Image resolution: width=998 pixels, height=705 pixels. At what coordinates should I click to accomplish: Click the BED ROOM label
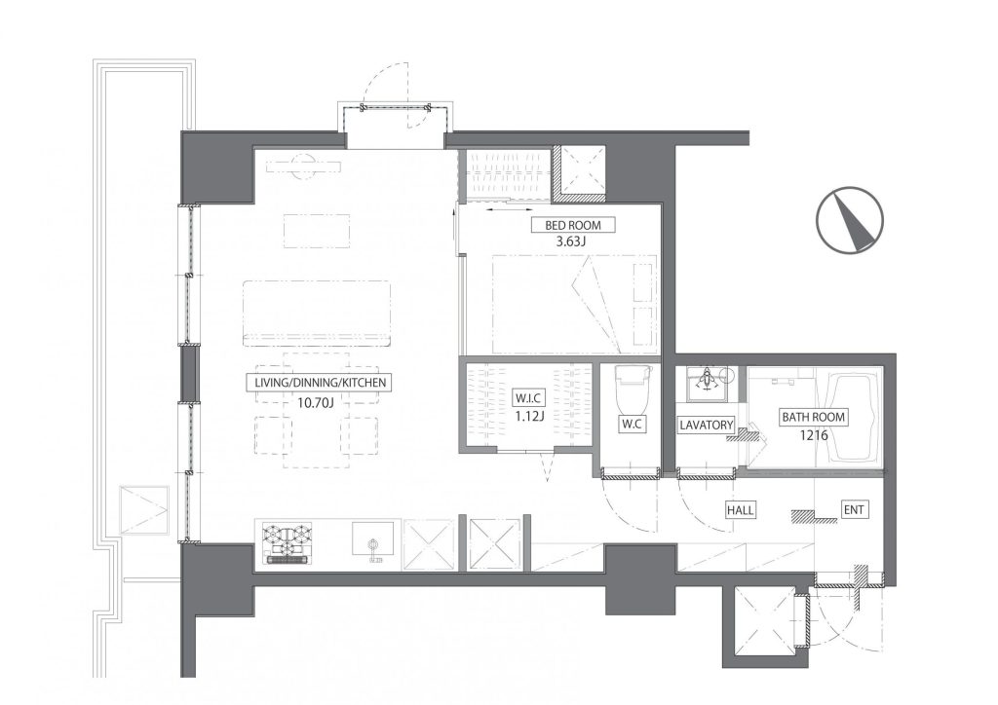pos(572,225)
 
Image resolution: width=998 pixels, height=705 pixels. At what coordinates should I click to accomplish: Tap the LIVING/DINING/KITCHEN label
pos(320,383)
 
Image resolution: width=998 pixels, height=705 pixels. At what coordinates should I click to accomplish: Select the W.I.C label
pos(527,399)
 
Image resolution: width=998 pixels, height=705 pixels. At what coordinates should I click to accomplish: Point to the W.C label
pos(631,424)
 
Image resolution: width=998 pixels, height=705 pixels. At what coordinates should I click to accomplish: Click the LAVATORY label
pos(706,424)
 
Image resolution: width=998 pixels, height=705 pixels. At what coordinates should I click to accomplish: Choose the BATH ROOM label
pos(813,417)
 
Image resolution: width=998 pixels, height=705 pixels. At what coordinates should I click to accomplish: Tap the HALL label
pos(741,510)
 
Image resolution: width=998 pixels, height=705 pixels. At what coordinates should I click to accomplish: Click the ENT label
pos(854,510)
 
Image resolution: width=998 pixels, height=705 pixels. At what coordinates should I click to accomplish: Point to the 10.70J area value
pos(315,402)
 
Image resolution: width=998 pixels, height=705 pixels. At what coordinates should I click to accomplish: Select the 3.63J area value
pos(570,242)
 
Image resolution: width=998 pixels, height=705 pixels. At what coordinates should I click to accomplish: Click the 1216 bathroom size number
pos(815,435)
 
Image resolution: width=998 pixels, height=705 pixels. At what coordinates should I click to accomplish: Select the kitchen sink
pos(373,543)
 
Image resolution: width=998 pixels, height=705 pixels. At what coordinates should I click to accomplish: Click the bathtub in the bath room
pos(854,420)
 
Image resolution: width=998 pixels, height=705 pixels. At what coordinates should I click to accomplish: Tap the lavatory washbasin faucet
pos(707,381)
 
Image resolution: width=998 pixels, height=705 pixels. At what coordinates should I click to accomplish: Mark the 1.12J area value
pos(527,417)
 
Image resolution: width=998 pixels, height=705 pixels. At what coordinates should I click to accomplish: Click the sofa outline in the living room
pos(317,315)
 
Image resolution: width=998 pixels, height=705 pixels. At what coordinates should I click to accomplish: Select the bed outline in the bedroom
pos(575,305)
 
